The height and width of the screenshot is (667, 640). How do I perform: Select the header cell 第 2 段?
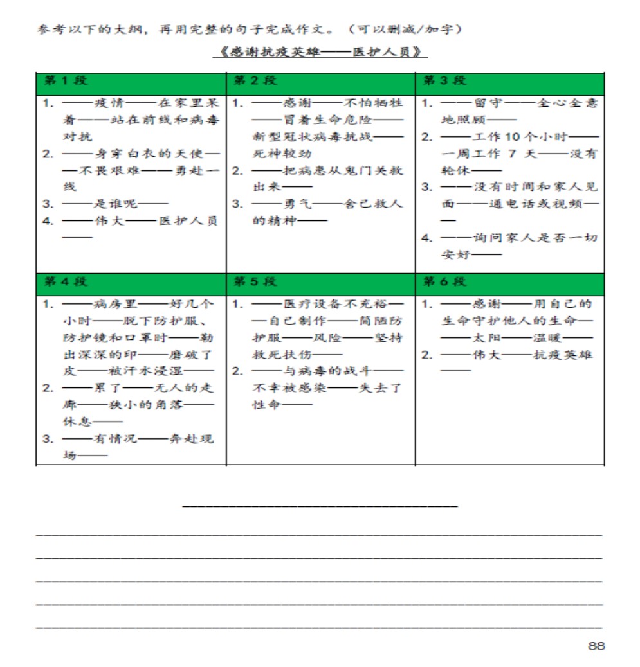[x=255, y=81]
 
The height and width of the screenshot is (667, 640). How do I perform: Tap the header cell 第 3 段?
[x=444, y=81]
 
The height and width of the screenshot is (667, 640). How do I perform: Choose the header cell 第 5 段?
[x=255, y=281]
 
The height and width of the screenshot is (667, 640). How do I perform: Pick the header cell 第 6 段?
[x=444, y=281]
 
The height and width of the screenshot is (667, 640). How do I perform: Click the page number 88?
[x=596, y=646]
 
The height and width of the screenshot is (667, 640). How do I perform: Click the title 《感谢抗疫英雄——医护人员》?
[x=320, y=52]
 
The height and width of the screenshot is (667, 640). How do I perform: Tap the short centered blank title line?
[x=320, y=506]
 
